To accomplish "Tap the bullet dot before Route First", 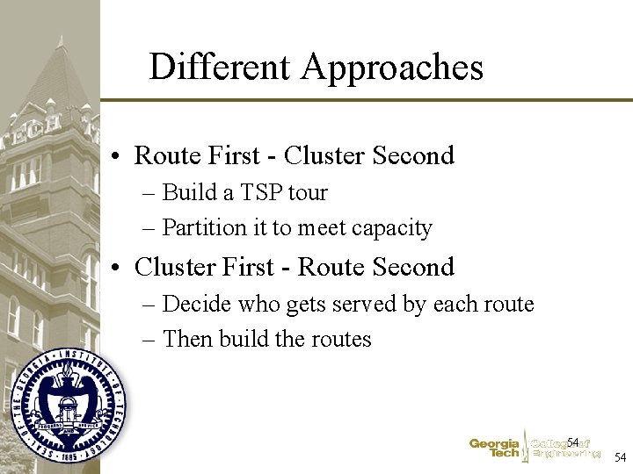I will [116, 156].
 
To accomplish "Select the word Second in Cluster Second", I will [413, 155].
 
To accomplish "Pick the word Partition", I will [204, 228].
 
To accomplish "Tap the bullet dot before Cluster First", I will [116, 268].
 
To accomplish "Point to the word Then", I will [187, 339].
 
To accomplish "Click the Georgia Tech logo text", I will [494, 449].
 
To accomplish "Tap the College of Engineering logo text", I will [564, 449].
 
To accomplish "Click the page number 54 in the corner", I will [620, 457].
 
